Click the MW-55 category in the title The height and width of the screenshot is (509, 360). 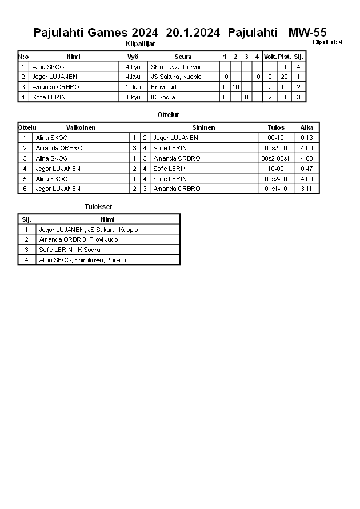(307, 33)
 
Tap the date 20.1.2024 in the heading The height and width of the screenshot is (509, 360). (193, 33)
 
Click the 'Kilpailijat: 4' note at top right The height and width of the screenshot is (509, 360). (327, 42)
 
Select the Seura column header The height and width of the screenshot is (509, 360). (183, 57)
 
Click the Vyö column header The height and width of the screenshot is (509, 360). (133, 57)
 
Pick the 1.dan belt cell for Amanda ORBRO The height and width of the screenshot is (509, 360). (133, 87)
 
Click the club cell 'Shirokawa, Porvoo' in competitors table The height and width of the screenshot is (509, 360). (177, 67)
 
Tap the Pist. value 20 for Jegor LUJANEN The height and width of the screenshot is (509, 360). (284, 77)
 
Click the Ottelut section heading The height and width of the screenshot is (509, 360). (168, 115)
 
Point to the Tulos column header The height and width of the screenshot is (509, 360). (276, 127)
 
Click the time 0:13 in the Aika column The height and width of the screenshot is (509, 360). (307, 138)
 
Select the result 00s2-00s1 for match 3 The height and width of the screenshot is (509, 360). (276, 158)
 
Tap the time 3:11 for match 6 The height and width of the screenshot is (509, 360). (307, 189)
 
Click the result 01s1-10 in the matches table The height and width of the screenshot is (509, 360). (276, 189)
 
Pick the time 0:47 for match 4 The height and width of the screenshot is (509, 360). (307, 169)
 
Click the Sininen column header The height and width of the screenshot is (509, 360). (203, 127)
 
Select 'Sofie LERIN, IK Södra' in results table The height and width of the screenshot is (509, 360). (70, 250)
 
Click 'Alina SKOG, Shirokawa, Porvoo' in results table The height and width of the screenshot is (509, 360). (82, 260)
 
